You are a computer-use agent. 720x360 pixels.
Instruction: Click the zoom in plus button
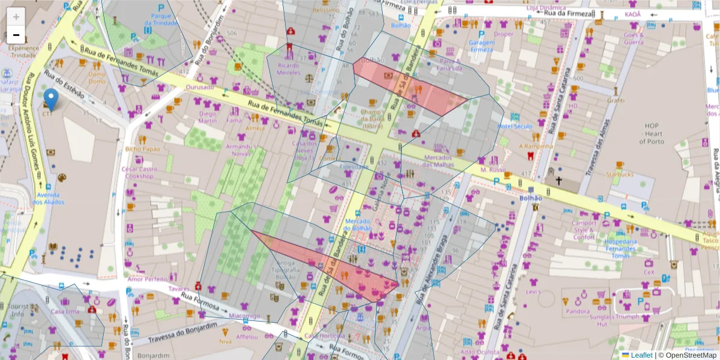coord(16,17)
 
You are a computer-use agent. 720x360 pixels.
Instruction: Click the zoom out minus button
coord(16,35)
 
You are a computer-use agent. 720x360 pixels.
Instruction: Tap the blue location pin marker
coord(52,99)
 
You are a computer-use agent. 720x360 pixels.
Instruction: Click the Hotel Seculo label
coord(514,127)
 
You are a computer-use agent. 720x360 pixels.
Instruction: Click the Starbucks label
coord(619,175)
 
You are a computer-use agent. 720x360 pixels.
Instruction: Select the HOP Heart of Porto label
coord(652,133)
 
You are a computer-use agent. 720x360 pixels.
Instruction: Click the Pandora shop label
coord(578,311)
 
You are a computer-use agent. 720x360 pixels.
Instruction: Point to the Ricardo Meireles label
coord(289,68)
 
